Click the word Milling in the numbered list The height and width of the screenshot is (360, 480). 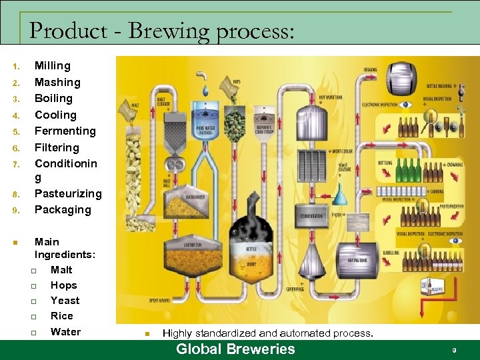point(52,65)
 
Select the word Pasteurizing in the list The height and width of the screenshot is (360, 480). point(68,193)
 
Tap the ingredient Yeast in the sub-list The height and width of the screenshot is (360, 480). point(65,301)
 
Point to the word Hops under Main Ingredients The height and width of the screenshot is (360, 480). point(64,285)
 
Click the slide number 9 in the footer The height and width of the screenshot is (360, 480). point(454,350)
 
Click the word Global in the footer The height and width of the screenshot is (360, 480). point(198,349)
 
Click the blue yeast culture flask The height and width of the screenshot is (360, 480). point(345,196)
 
